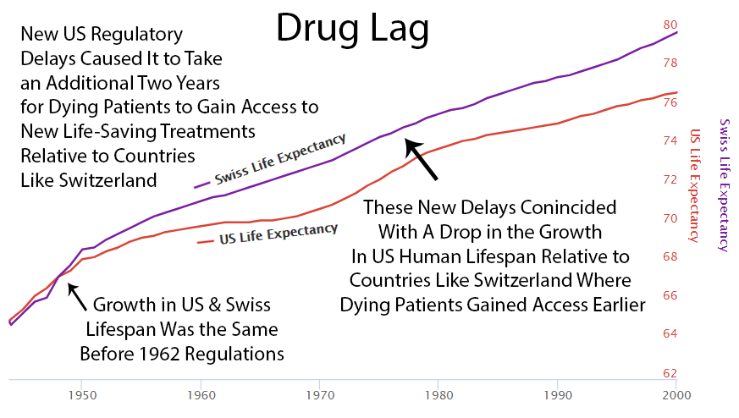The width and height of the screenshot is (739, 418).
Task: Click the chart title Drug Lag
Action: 351,31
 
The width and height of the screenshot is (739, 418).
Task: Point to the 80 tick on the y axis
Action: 669,25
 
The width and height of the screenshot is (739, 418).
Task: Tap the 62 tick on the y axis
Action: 669,373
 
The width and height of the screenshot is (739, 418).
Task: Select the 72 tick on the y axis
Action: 669,179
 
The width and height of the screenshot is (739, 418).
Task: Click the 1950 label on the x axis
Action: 81,394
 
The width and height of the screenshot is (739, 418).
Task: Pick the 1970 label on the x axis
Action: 319,394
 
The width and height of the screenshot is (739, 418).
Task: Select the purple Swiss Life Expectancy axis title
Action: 723,184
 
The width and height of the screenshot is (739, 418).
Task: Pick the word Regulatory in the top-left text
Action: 138,35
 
